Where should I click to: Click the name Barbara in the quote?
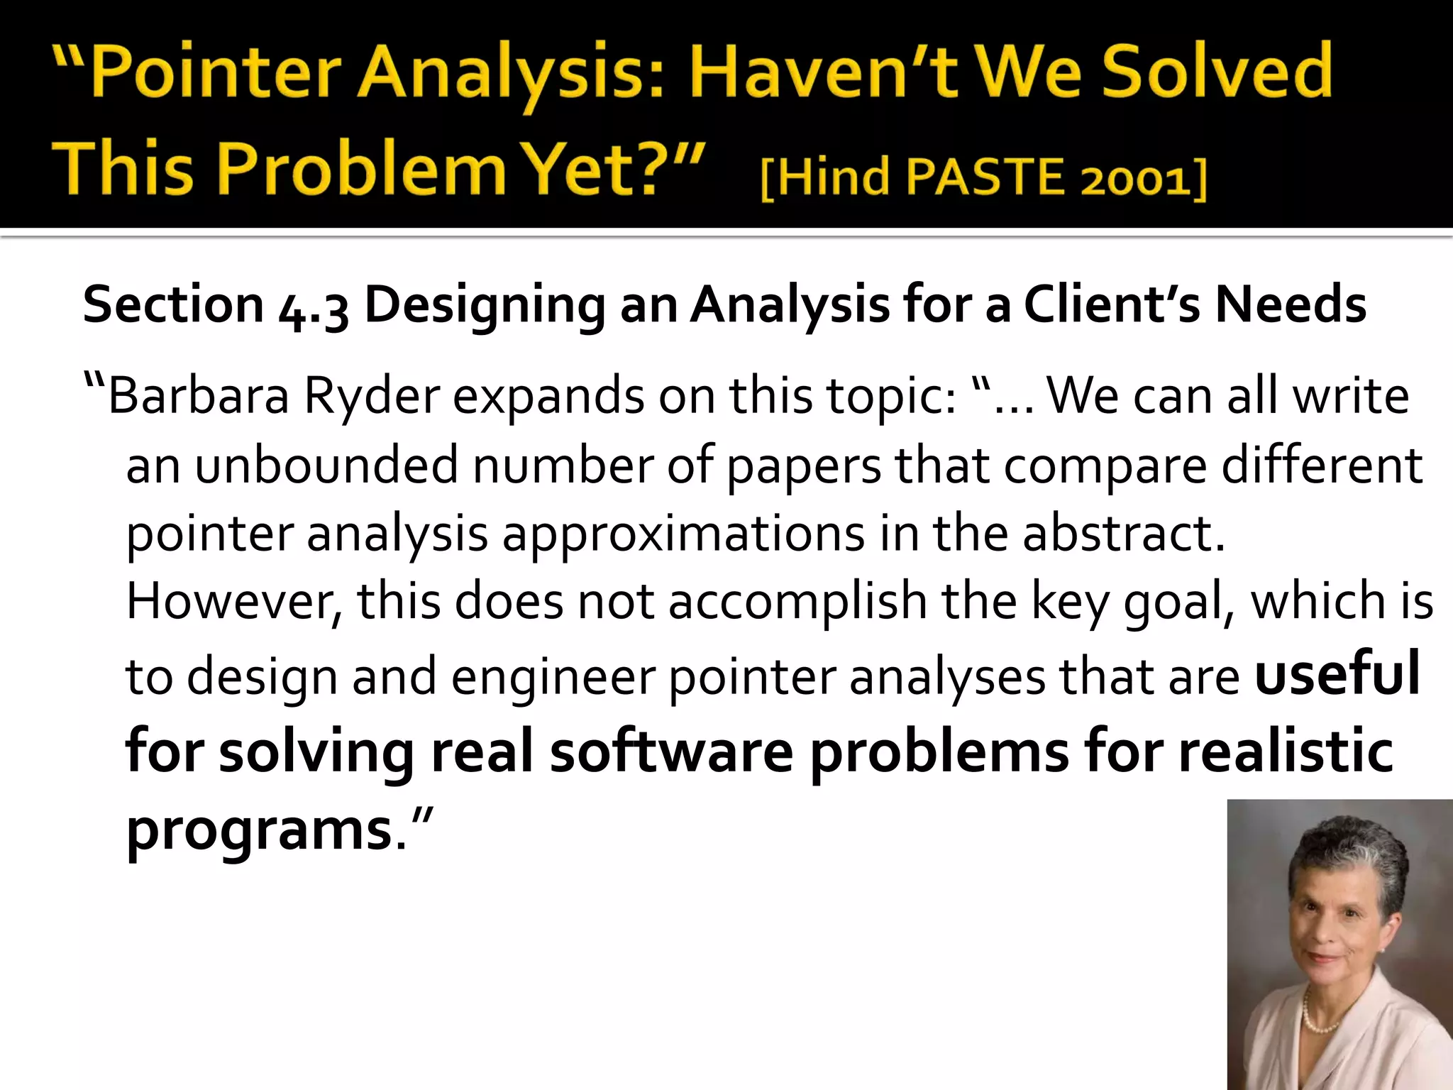[x=199, y=396]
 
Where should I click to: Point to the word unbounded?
[x=326, y=466]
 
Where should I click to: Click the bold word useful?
[x=1337, y=674]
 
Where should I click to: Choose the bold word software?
[x=671, y=752]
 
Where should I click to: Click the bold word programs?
[x=259, y=830]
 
